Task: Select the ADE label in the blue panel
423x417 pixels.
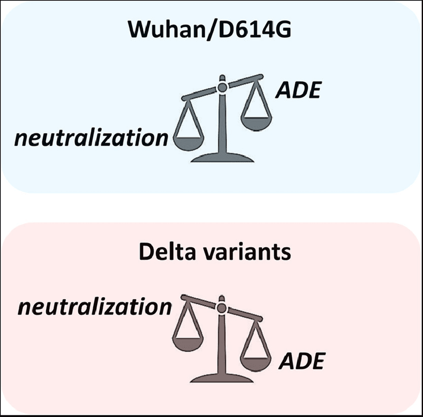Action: (x=298, y=91)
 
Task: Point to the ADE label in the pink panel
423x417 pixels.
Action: (x=301, y=361)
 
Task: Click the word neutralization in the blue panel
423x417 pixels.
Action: (x=91, y=138)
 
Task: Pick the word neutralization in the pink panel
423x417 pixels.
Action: (x=95, y=307)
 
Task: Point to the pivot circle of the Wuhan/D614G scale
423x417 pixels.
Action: (x=222, y=88)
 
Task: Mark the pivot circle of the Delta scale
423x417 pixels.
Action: (x=222, y=308)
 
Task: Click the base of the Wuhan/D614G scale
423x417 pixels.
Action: (x=222, y=158)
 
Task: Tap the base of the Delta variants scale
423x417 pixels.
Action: (x=222, y=377)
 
